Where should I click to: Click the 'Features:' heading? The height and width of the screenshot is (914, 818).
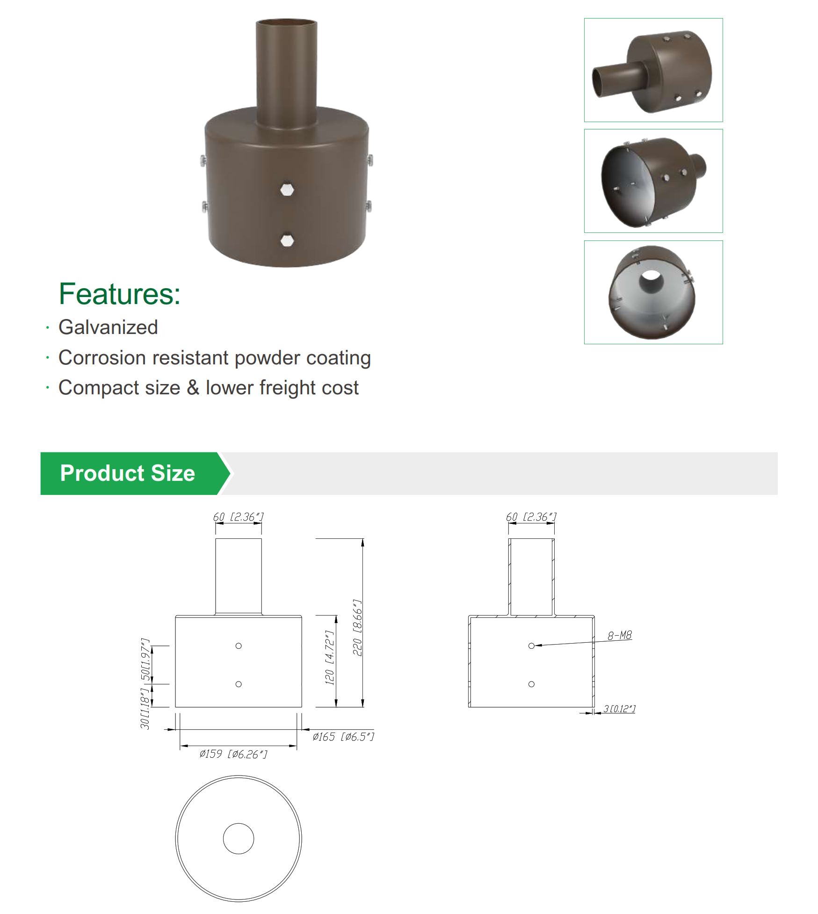[x=119, y=294]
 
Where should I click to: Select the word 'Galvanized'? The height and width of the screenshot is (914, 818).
[x=108, y=327]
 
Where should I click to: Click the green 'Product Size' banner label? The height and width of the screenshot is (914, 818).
[x=128, y=473]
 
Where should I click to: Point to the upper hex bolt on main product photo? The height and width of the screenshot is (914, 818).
[x=287, y=189]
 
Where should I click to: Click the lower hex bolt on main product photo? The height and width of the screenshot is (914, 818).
[x=287, y=240]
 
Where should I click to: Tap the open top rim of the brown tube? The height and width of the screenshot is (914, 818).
[x=286, y=21]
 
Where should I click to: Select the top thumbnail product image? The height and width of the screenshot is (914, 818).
[x=653, y=70]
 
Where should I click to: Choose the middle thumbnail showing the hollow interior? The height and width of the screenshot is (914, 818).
[x=653, y=181]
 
